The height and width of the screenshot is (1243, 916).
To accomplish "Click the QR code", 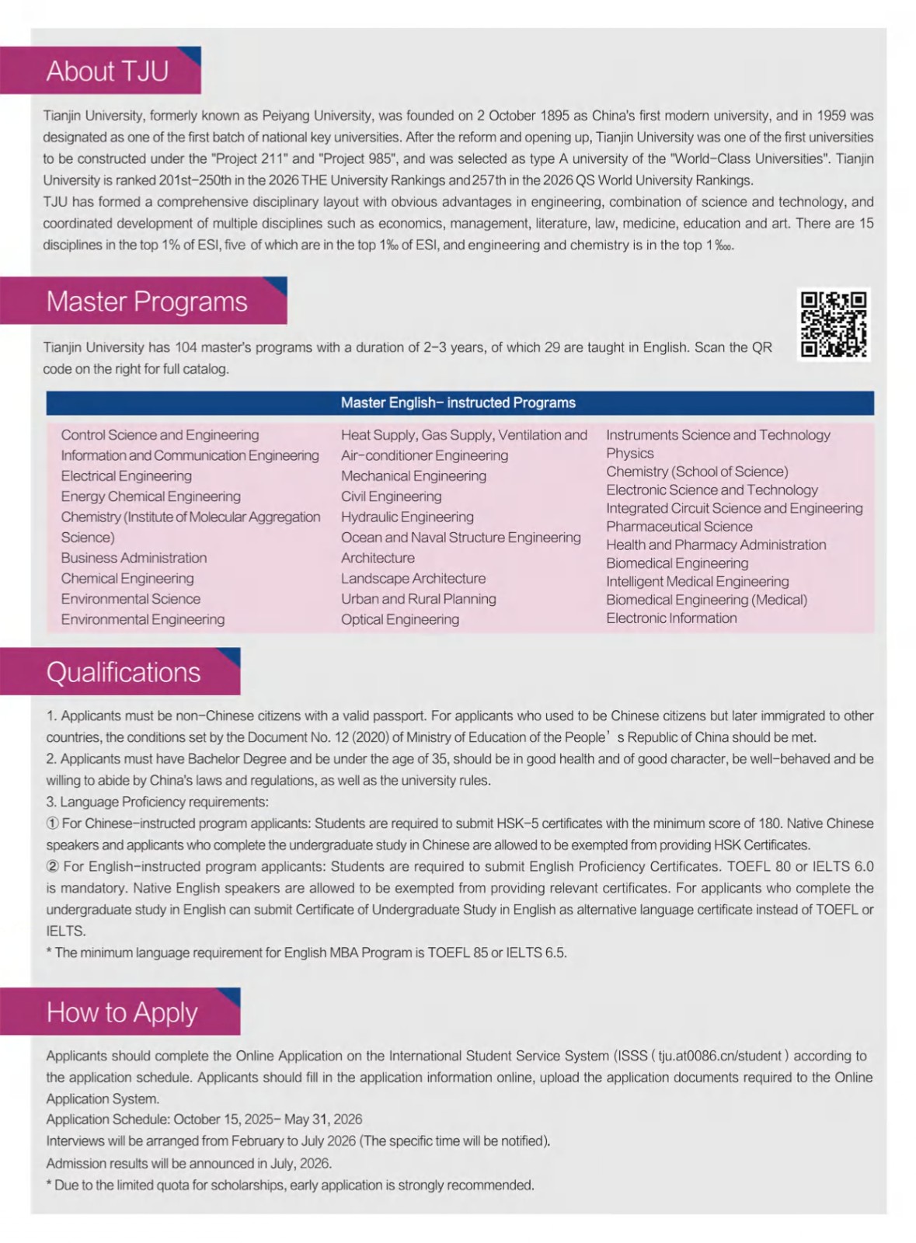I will tap(834, 324).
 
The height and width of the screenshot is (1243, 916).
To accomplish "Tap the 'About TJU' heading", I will tap(107, 71).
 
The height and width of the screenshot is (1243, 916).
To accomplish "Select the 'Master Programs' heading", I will tap(147, 301).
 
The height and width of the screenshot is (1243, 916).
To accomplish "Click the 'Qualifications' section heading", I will tap(124, 672).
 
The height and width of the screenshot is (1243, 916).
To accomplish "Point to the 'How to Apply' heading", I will tap(122, 1012).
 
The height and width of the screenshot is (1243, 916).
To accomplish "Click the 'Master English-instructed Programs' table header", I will tap(458, 402).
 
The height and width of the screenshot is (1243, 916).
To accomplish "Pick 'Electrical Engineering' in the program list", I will tap(126, 475).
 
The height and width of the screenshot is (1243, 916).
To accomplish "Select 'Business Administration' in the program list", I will tap(134, 558).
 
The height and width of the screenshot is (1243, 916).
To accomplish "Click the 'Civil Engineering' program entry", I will tap(391, 496).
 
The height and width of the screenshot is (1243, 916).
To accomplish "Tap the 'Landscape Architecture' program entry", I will tap(413, 578).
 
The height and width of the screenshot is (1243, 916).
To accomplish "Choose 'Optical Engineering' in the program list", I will tap(399, 619).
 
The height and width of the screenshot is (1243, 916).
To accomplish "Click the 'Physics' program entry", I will tap(629, 453).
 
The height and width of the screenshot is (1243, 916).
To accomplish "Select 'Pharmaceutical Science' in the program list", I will tap(679, 527).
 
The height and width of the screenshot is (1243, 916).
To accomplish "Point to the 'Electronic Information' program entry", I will tap(671, 618).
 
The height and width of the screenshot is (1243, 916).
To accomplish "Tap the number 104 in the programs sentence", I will tap(186, 347).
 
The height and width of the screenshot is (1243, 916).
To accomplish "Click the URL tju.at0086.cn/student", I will tap(719, 1056).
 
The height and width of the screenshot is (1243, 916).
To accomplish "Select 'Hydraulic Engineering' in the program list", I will tap(407, 517).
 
